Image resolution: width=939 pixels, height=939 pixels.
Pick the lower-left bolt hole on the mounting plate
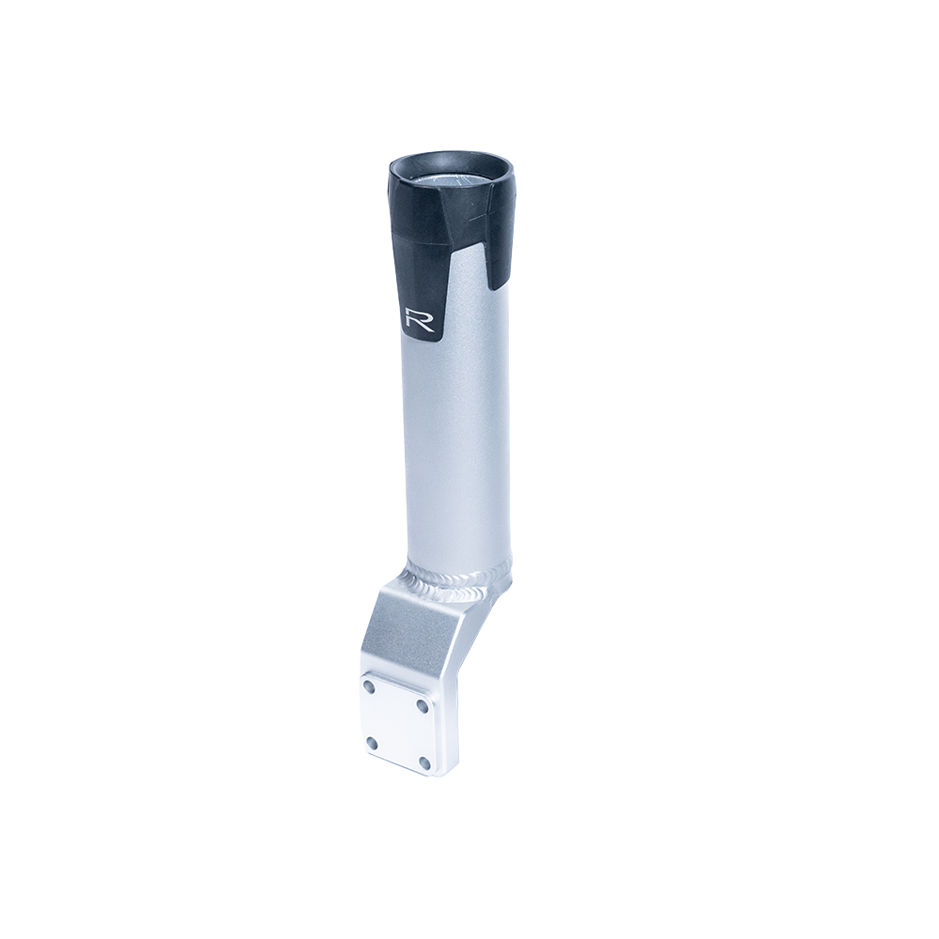(373, 743)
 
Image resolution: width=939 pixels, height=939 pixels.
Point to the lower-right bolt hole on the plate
(424, 762)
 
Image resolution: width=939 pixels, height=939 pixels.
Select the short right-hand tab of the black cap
(500, 257)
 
